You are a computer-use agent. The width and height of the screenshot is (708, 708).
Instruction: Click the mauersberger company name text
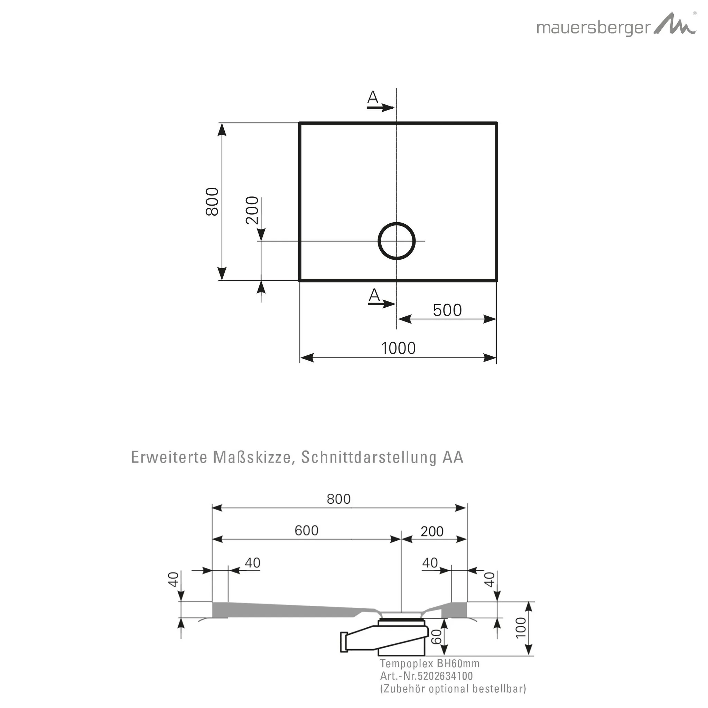(x=594, y=29)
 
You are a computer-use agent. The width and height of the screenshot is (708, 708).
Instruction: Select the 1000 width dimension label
(x=398, y=348)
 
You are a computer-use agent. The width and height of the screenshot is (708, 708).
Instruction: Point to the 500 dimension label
(x=447, y=310)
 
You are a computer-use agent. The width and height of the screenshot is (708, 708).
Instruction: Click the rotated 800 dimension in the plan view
(x=213, y=201)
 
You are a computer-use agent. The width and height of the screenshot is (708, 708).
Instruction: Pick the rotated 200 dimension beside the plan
(x=252, y=210)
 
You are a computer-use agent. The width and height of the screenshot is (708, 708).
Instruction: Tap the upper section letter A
(x=372, y=97)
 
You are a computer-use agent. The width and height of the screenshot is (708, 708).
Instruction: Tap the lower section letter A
(x=374, y=295)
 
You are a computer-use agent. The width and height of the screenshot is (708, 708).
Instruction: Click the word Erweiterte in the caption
(x=170, y=457)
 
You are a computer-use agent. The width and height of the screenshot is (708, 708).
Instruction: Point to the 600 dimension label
(x=306, y=530)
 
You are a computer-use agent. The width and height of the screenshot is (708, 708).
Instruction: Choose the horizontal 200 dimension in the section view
(x=432, y=531)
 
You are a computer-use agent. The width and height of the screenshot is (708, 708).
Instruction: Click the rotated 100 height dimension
(x=520, y=627)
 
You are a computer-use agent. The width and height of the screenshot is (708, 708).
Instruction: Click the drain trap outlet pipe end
(x=344, y=642)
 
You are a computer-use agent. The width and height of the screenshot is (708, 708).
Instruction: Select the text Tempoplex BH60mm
(x=429, y=663)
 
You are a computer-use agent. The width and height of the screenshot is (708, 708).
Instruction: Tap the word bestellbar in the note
(x=499, y=689)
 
